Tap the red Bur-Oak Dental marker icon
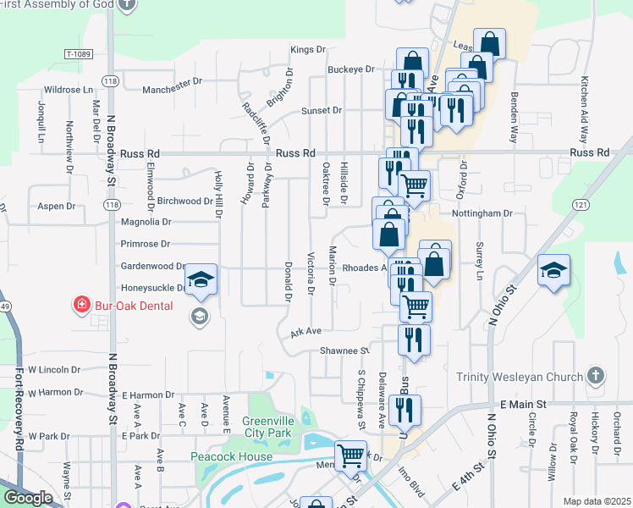[81, 305]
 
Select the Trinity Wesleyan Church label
[520, 377]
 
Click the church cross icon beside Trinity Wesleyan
[595, 375]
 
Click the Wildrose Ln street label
[69, 89]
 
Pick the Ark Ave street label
[305, 331]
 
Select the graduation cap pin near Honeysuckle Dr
[201, 279]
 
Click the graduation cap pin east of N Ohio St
[553, 271]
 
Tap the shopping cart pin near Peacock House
[350, 456]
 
